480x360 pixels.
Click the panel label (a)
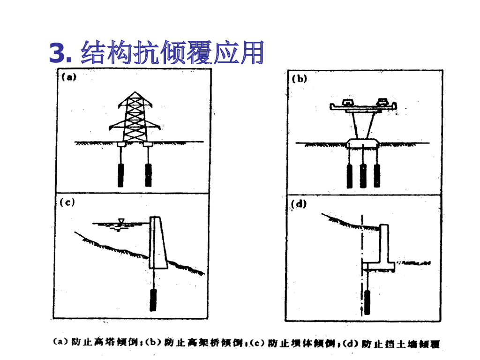tap(69, 78)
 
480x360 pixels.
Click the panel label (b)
tap(300, 79)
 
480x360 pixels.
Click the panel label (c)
tap(68, 202)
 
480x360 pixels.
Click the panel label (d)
tap(299, 204)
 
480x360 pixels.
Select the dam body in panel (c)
tap(157, 244)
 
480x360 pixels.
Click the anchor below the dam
tap(153, 300)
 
